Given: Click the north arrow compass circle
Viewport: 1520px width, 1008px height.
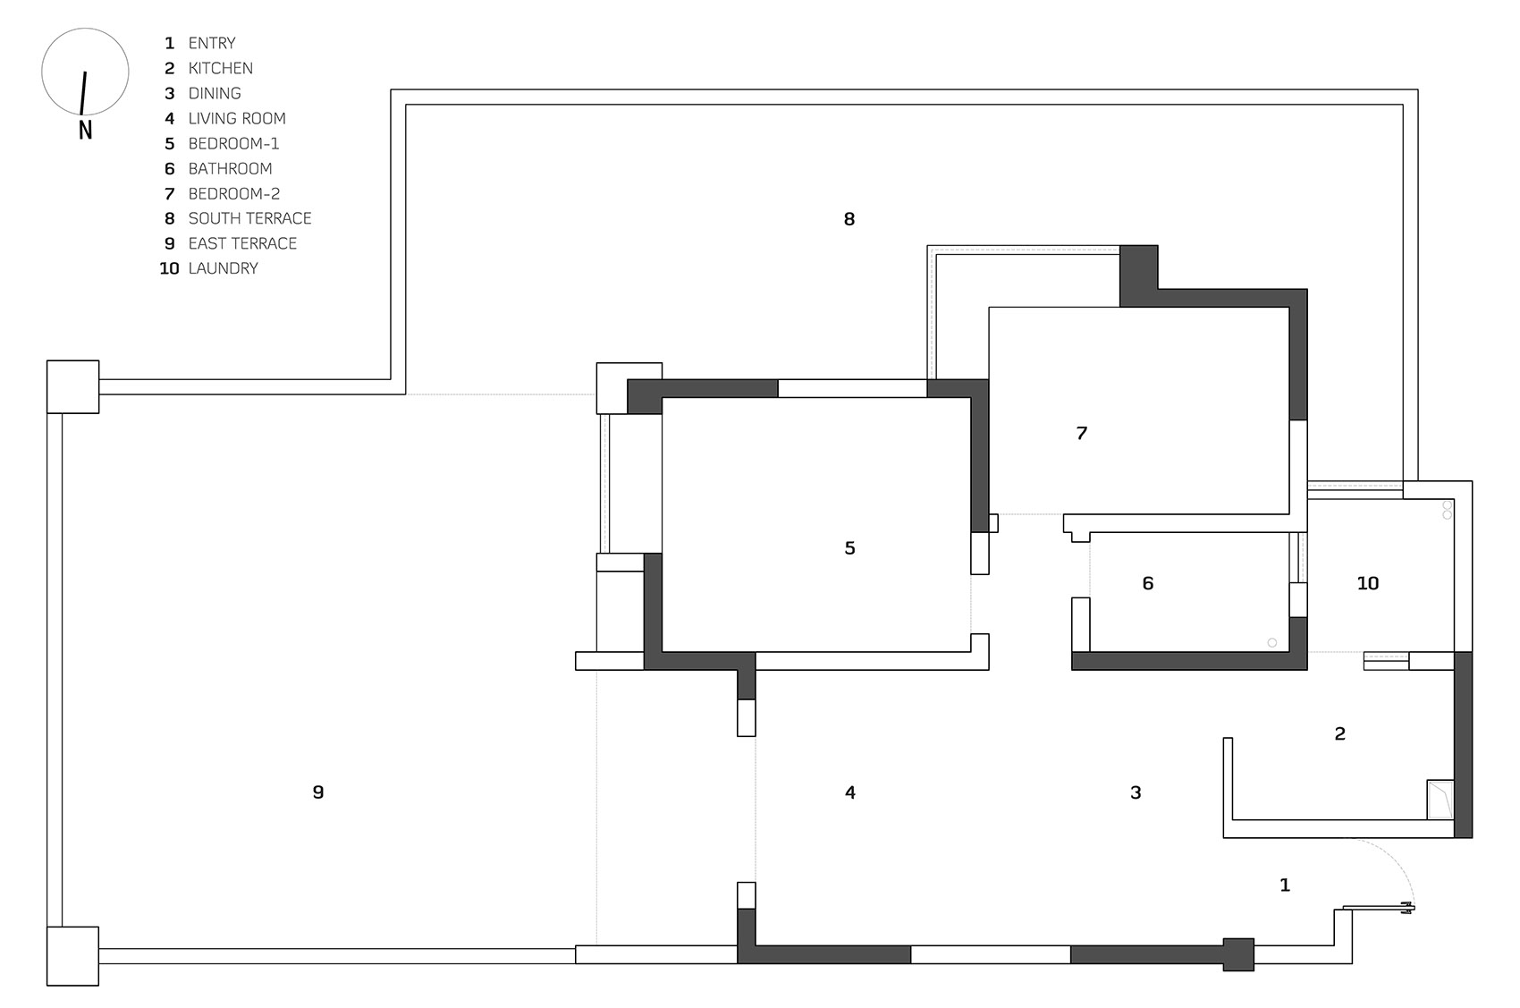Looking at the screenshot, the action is tap(85, 30).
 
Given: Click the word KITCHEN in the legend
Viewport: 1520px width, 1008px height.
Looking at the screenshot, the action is tap(221, 68).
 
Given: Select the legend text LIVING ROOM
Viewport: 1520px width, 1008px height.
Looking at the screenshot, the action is tap(237, 118).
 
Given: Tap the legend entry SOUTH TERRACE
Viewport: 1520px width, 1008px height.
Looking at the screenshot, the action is tap(249, 218).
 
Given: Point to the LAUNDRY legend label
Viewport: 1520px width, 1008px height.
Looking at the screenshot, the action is tap(224, 268).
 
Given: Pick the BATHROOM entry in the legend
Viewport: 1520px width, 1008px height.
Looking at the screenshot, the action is tap(230, 168).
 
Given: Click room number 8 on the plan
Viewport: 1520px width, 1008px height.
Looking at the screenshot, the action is tap(849, 218).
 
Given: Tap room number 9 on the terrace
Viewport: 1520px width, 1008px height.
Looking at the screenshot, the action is tap(317, 792).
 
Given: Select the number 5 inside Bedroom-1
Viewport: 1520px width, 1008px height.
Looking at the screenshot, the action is tap(849, 547).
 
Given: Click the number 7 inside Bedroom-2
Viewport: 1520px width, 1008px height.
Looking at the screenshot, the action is tap(1082, 432).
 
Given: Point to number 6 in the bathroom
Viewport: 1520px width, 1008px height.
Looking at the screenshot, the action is tap(1147, 583).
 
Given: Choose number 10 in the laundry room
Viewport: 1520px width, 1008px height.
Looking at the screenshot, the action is tap(1367, 583).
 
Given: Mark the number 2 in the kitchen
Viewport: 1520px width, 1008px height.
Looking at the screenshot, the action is tap(1339, 733).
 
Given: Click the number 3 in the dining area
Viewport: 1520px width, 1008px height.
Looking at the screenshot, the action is tap(1136, 792).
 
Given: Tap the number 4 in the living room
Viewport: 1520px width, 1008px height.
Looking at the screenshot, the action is tap(849, 792).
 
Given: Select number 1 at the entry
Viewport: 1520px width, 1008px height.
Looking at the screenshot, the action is tap(1285, 885).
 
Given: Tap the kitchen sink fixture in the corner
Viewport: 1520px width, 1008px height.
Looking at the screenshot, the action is tap(1440, 800).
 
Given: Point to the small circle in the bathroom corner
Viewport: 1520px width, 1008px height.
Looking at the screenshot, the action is tap(1272, 643).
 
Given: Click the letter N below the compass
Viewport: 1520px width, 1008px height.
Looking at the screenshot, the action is tap(86, 130).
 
